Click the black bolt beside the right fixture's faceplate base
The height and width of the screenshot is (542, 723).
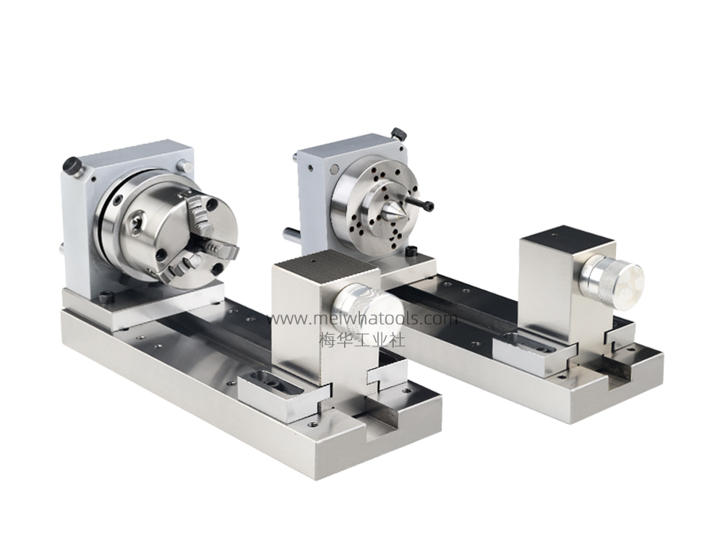point(411,252)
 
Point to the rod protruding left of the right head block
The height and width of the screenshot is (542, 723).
point(290,233)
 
